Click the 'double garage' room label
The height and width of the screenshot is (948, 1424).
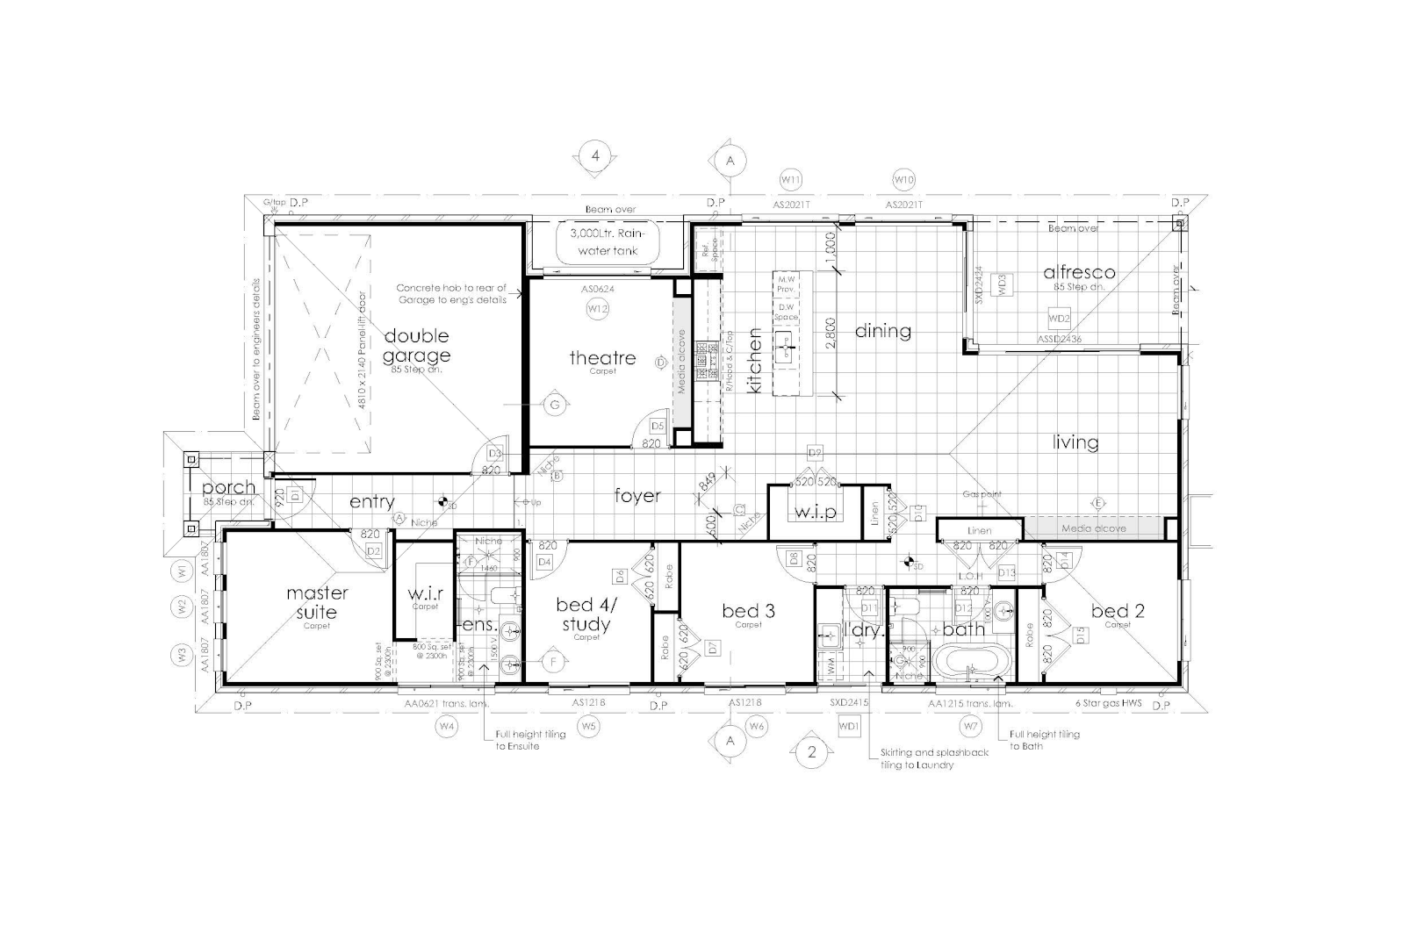[x=416, y=346]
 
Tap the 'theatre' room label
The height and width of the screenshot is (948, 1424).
[x=602, y=357]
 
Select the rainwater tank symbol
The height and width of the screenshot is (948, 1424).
[x=605, y=243]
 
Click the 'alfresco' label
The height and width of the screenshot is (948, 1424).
[x=1079, y=272]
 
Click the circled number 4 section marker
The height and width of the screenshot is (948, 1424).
[x=595, y=157]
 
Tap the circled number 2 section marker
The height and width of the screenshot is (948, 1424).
[x=812, y=752]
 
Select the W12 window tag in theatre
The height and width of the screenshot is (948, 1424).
[x=598, y=308]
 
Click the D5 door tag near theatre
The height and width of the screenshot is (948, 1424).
[x=658, y=426]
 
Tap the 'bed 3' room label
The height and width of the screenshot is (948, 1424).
[x=748, y=610]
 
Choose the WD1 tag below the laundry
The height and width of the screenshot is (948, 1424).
[x=848, y=727]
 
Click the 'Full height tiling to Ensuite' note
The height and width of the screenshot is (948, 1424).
[x=517, y=739]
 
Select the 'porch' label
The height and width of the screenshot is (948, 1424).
[x=228, y=487]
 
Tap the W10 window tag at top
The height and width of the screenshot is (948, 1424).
[x=903, y=180]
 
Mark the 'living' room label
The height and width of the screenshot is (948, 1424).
[x=1075, y=442]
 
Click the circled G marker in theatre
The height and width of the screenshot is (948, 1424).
[x=554, y=405]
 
